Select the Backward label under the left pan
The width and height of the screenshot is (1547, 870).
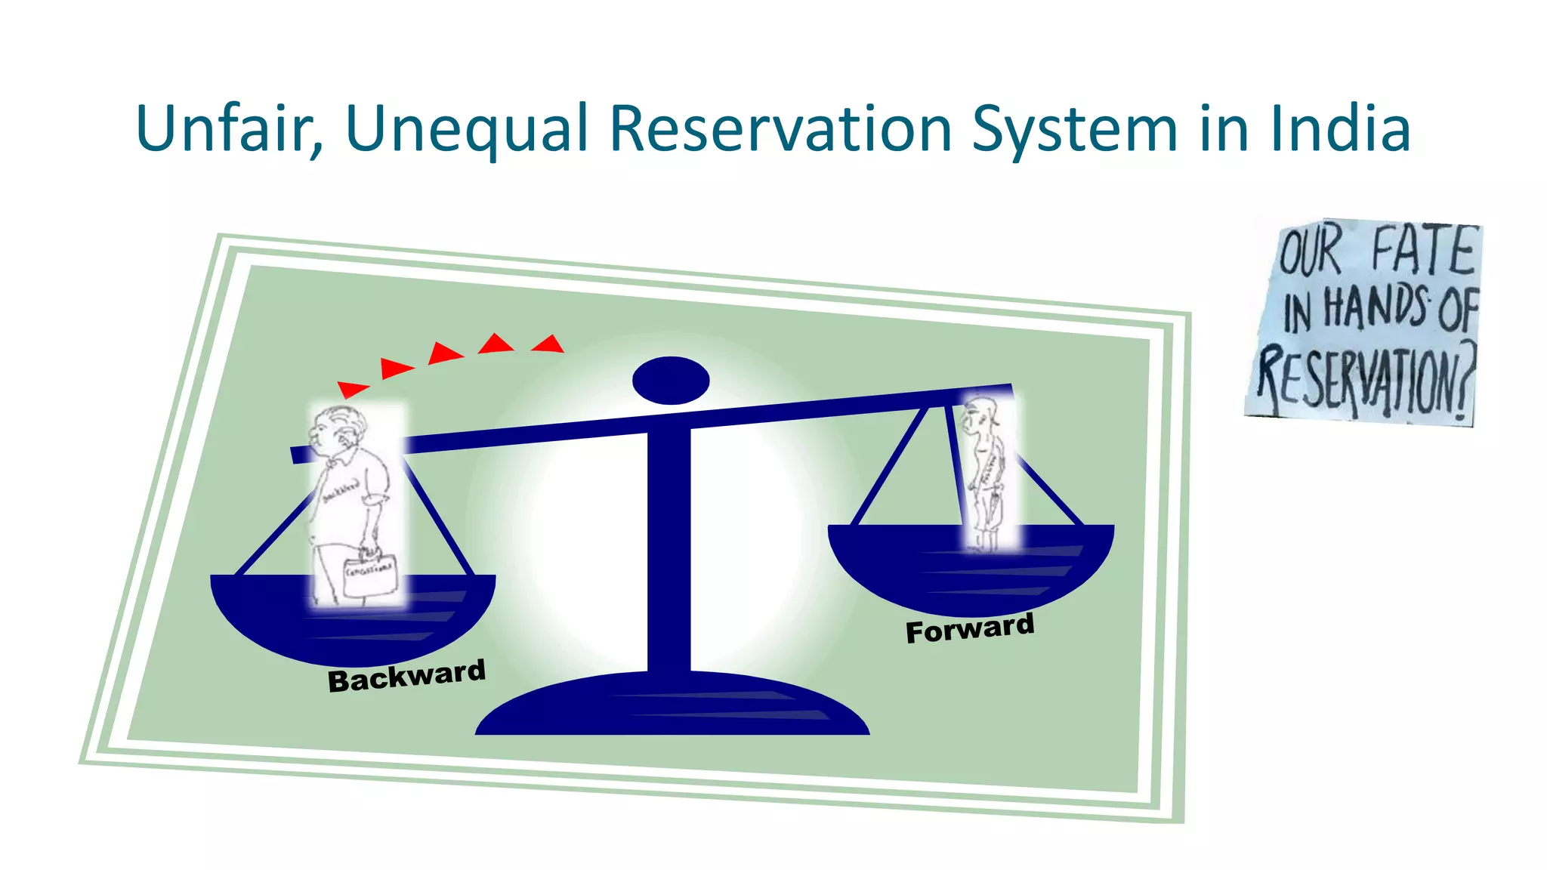(406, 675)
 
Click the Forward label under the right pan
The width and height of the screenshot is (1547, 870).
(970, 628)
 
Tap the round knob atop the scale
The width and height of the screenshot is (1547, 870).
(671, 380)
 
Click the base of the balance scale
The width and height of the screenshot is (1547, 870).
(672, 706)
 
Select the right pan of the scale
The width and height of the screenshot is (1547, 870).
(971, 566)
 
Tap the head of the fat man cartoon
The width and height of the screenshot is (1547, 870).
(337, 431)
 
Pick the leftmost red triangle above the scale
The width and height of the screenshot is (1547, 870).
(351, 389)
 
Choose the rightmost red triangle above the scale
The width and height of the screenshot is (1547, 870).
(549, 344)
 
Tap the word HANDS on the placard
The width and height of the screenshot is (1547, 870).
(1375, 308)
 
